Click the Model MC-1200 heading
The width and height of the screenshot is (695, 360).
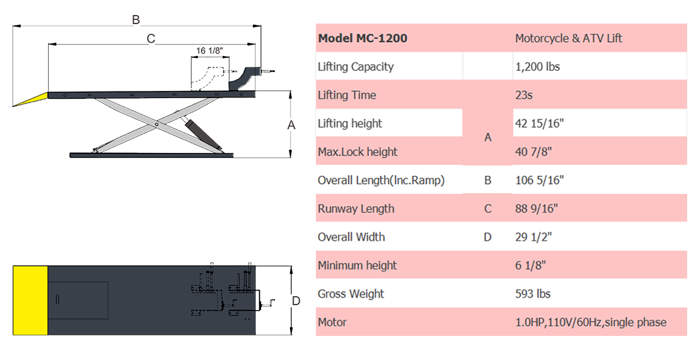point(363,38)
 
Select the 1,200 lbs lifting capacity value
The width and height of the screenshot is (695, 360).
point(537,66)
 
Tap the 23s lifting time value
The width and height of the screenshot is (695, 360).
point(524,95)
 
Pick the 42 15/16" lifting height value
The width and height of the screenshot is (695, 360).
point(539,123)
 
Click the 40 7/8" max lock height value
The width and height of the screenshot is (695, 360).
point(533,152)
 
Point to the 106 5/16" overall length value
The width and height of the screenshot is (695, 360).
point(539,180)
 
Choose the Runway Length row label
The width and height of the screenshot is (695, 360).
point(356,209)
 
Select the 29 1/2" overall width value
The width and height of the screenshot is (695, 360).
point(533,237)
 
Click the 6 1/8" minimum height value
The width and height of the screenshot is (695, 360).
point(530,265)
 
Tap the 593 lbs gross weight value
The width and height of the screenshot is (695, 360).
point(533,294)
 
